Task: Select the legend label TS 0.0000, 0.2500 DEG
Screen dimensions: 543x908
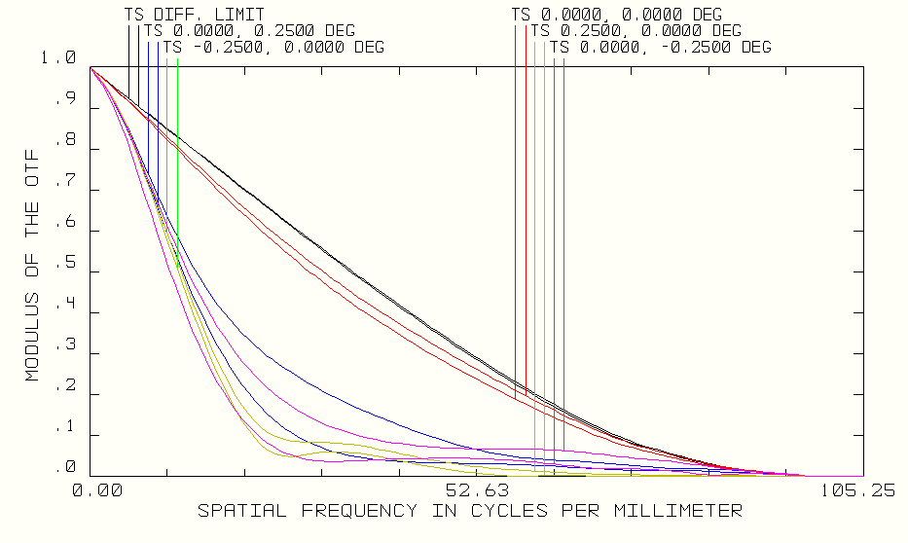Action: [x=249, y=31]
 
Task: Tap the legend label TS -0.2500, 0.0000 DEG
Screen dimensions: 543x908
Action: [x=273, y=47]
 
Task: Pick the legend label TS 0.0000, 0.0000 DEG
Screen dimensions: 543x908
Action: [x=617, y=15]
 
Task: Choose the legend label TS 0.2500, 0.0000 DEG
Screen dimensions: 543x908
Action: [x=636, y=31]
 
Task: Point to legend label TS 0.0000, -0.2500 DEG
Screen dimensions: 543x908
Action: [x=661, y=47]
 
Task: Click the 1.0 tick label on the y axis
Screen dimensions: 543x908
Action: [x=59, y=58]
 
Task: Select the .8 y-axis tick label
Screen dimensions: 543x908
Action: [x=65, y=140]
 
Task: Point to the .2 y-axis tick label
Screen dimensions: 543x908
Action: [x=65, y=386]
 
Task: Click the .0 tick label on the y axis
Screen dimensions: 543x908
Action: [x=65, y=468]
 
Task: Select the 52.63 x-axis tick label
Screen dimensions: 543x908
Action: [x=477, y=491]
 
